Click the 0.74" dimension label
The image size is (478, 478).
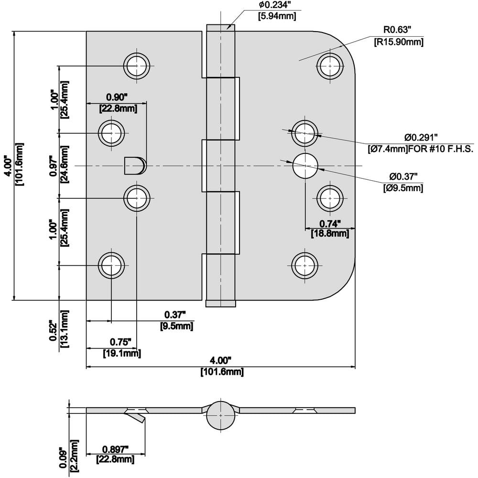tap(330, 223)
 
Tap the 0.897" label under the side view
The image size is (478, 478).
tap(115, 449)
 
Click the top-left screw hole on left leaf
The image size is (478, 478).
tap(136, 65)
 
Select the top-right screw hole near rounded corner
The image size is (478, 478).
tap(331, 65)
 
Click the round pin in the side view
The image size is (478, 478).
tap(221, 414)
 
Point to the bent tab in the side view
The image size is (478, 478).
tap(136, 418)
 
